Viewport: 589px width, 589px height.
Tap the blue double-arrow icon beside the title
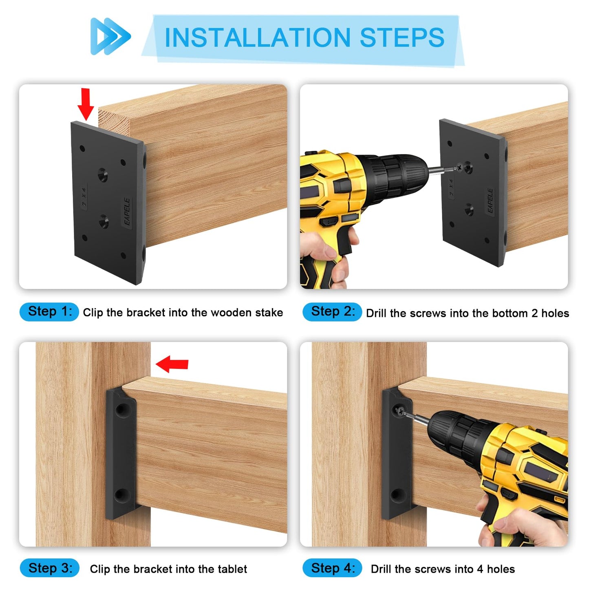click(x=110, y=36)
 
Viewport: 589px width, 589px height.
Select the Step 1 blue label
click(x=49, y=312)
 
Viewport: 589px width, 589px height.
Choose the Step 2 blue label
click(x=332, y=312)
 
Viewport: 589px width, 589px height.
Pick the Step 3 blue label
click(x=49, y=568)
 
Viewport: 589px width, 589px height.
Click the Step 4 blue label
click(x=332, y=568)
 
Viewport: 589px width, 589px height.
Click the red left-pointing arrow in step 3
click(x=172, y=364)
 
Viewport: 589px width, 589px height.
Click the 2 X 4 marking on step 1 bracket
click(x=84, y=197)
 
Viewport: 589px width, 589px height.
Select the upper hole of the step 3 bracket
click(x=121, y=409)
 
